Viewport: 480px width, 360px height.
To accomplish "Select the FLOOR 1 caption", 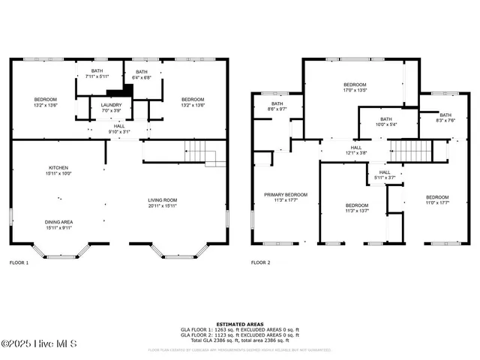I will pyautogui.click(x=19, y=263).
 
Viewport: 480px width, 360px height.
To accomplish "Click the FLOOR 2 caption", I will pyautogui.click(x=260, y=263).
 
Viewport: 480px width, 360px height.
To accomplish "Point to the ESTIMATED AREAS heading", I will pyautogui.click(x=239, y=324).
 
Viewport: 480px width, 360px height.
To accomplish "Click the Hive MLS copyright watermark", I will pyautogui.click(x=36, y=344).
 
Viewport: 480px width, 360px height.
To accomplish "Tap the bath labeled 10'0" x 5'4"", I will pyautogui.click(x=385, y=121).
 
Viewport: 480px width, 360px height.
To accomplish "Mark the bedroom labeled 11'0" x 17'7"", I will pyautogui.click(x=436, y=200).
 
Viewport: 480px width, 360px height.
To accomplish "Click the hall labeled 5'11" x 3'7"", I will pyautogui.click(x=384, y=175).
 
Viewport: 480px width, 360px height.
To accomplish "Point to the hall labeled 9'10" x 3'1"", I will pyautogui.click(x=119, y=129).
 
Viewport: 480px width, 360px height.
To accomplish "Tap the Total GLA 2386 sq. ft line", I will pyautogui.click(x=239, y=340).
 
